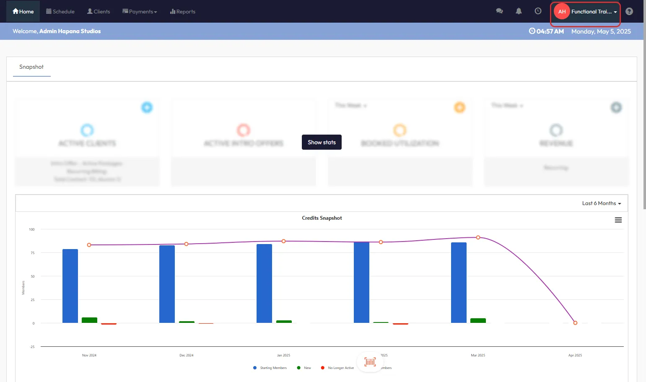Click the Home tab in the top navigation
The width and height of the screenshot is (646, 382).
point(23,11)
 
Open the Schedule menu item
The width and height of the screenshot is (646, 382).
point(60,11)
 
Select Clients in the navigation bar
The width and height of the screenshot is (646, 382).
point(99,11)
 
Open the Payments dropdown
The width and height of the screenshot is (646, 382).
point(140,11)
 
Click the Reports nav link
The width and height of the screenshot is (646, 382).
point(183,11)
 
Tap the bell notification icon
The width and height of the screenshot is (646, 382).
point(519,11)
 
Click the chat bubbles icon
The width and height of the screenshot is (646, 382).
point(499,11)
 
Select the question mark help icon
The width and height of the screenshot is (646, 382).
point(629,11)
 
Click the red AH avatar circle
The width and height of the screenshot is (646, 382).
point(562,11)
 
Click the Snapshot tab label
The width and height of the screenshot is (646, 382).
point(31,67)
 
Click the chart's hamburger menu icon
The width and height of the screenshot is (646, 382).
point(618,220)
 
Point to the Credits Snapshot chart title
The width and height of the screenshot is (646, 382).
point(322,218)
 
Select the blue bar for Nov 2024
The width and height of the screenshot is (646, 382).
point(70,286)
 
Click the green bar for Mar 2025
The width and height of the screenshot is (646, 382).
point(478,321)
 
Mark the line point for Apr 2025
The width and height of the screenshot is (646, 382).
point(575,323)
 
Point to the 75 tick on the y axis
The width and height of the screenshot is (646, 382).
point(33,253)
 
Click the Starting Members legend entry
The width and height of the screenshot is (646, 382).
point(273,368)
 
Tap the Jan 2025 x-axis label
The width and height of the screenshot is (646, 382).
point(283,355)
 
